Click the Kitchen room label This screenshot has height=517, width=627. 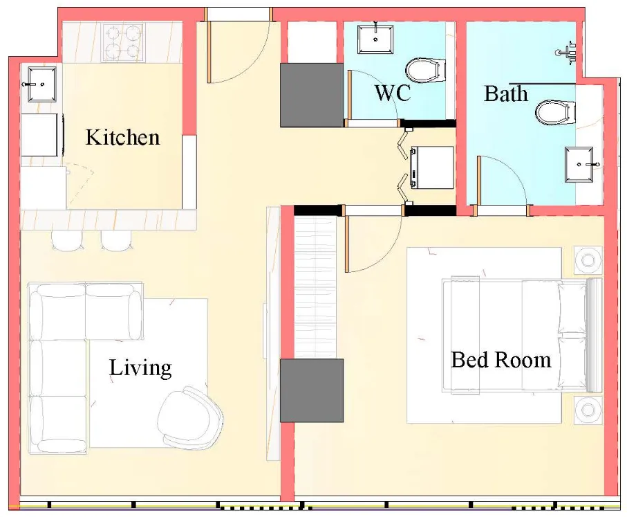(x=122, y=137)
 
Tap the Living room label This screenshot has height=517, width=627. (x=140, y=368)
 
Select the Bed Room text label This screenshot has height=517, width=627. (x=500, y=360)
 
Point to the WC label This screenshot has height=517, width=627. (x=393, y=93)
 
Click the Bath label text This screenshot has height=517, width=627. (x=506, y=93)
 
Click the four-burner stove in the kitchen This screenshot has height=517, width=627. (x=122, y=42)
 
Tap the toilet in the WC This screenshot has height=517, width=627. (x=423, y=70)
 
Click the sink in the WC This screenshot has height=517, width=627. (x=375, y=39)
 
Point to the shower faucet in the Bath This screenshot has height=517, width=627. (x=568, y=51)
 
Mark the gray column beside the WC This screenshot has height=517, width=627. (x=312, y=95)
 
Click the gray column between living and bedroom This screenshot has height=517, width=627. (x=312, y=390)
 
